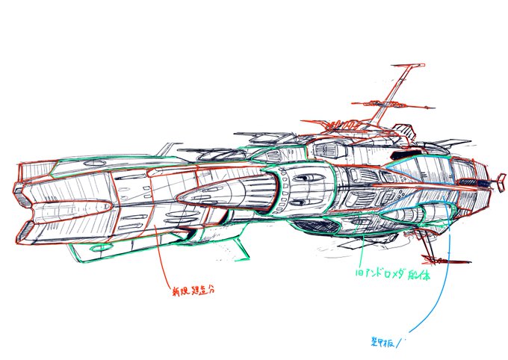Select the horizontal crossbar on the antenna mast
click(x=392, y=98)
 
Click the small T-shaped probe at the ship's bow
click(x=495, y=181)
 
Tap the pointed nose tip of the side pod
click(x=179, y=196)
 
